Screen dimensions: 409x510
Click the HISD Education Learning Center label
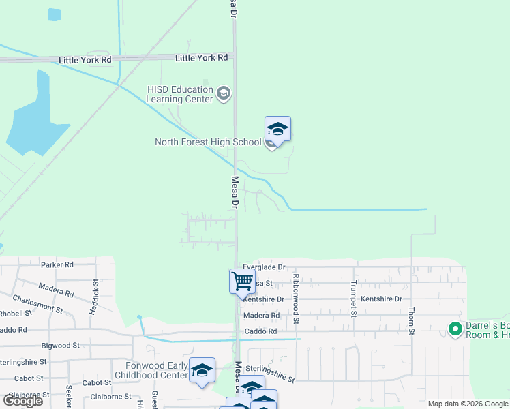point(180,94)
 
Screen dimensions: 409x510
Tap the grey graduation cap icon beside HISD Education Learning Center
point(224,93)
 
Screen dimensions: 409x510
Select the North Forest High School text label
point(208,142)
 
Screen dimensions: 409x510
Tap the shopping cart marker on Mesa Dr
point(242,280)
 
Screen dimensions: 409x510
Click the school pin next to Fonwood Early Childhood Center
point(202,370)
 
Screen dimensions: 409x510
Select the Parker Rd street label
point(57,264)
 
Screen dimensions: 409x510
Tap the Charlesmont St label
point(38,304)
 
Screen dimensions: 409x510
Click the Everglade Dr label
point(264,267)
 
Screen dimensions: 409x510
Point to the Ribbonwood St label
point(296,299)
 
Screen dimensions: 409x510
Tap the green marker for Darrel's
point(455,330)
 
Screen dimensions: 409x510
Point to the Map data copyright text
point(468,404)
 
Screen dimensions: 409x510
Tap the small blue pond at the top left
point(54,14)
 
